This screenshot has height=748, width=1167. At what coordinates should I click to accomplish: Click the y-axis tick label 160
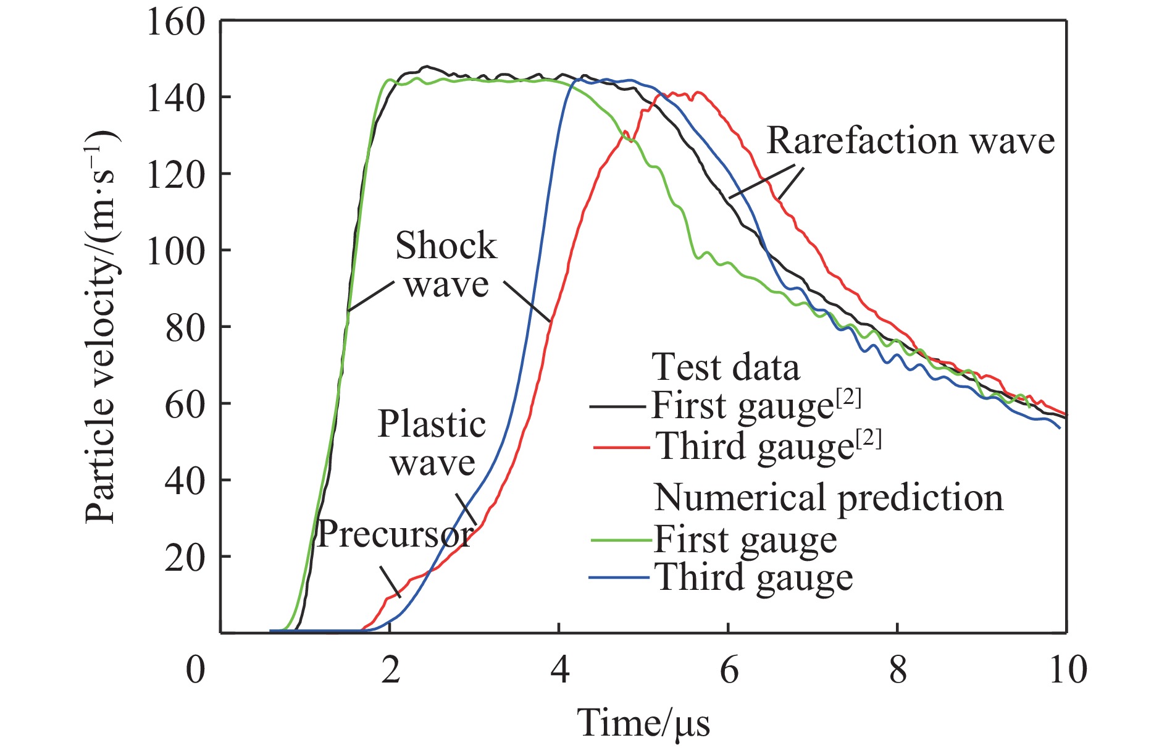click(175, 22)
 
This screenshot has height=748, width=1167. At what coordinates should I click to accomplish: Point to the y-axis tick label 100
click(175, 251)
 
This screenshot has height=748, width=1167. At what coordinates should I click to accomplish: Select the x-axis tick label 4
click(559, 670)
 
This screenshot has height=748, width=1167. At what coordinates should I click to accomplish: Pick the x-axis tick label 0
click(195, 670)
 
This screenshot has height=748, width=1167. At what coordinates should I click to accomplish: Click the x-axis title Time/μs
click(643, 723)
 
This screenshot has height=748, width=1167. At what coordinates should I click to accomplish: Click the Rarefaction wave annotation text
click(910, 141)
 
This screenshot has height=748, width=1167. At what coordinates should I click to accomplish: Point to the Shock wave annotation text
click(446, 265)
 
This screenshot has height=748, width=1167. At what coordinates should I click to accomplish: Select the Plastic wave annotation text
click(432, 443)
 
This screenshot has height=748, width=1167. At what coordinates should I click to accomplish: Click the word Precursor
click(395, 534)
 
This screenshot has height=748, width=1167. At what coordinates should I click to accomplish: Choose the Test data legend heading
click(726, 368)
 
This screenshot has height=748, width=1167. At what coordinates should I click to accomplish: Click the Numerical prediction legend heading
click(829, 497)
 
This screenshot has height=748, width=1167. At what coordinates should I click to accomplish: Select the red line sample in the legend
click(621, 447)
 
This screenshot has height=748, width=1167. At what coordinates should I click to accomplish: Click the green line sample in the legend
click(621, 540)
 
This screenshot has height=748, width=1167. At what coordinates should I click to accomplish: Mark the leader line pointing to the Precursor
click(390, 582)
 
